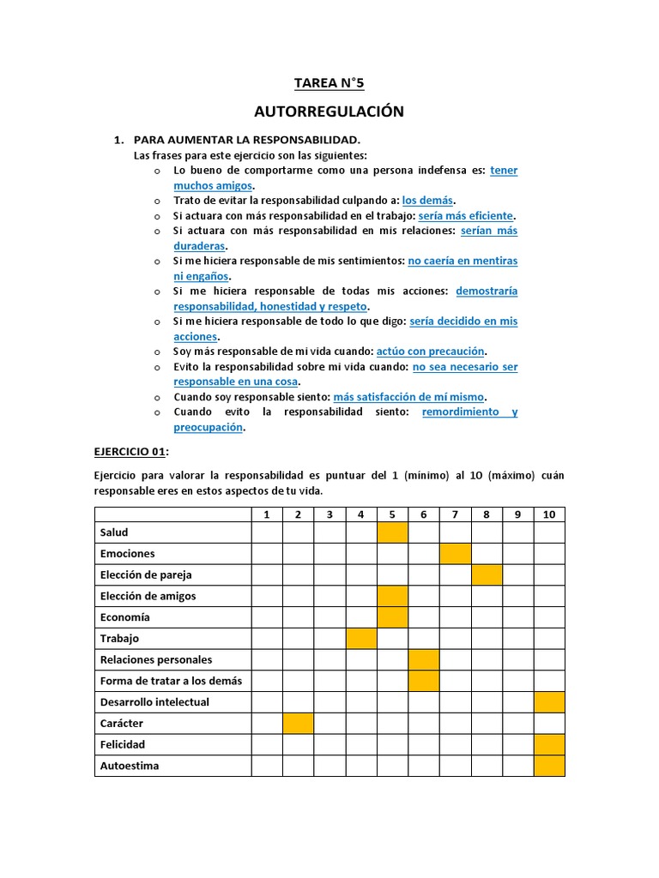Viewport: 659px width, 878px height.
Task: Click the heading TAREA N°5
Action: (329, 83)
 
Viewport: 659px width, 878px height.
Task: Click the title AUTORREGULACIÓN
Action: (329, 112)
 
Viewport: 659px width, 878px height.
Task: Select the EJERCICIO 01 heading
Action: (130, 451)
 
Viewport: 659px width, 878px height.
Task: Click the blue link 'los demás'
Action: (433, 200)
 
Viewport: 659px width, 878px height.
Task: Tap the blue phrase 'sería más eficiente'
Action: (466, 215)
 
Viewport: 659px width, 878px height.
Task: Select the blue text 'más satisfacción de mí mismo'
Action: (408, 397)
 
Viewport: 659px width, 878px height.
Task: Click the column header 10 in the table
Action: (549, 514)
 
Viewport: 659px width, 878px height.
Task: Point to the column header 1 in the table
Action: (267, 514)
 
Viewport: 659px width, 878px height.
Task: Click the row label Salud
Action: (114, 532)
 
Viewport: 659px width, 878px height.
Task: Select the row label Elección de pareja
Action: (146, 574)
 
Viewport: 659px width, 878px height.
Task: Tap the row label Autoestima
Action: (130, 766)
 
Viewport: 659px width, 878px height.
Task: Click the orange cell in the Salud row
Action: (392, 532)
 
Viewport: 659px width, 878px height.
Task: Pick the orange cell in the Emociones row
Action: (455, 554)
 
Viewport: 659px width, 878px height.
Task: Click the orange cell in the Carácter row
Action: (299, 724)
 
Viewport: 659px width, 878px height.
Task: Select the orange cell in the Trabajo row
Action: (361, 639)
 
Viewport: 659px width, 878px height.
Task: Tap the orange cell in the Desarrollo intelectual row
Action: (549, 702)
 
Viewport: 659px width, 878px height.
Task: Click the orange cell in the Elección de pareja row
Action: (487, 574)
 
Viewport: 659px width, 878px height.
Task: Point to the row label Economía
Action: (124, 617)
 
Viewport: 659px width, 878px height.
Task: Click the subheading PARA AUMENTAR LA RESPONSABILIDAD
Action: (247, 140)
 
